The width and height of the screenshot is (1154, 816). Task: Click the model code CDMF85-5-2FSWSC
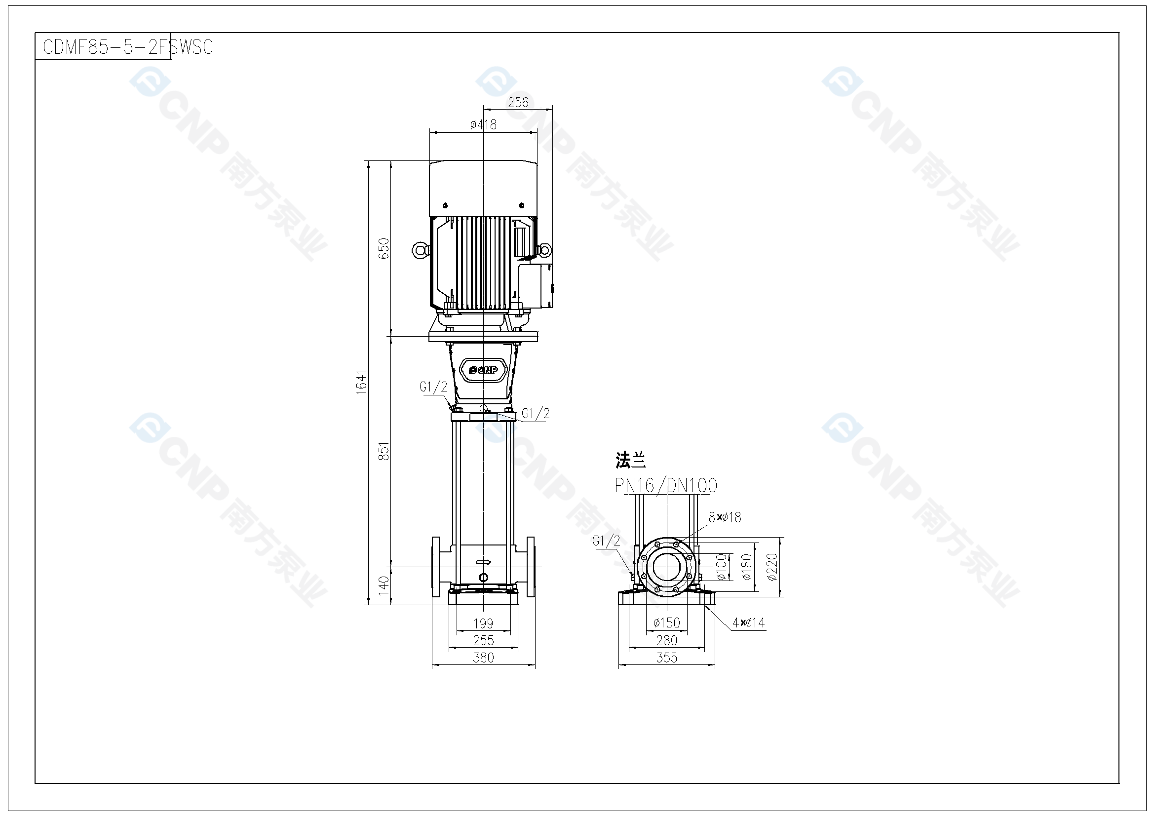[x=128, y=47]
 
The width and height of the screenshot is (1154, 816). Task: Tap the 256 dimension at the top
[x=518, y=103]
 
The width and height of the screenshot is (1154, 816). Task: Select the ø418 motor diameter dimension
[x=484, y=124]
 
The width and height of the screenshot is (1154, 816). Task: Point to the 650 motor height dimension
[x=384, y=248]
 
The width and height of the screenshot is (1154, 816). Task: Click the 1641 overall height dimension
[x=361, y=382]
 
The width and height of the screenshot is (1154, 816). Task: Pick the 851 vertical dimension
[x=384, y=452]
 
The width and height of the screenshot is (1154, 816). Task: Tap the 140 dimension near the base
[x=384, y=586]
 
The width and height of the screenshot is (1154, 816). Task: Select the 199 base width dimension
[x=483, y=623]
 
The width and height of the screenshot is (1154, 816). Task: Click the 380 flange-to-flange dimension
[x=483, y=658]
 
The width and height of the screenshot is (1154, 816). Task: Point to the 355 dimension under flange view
[x=666, y=658]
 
